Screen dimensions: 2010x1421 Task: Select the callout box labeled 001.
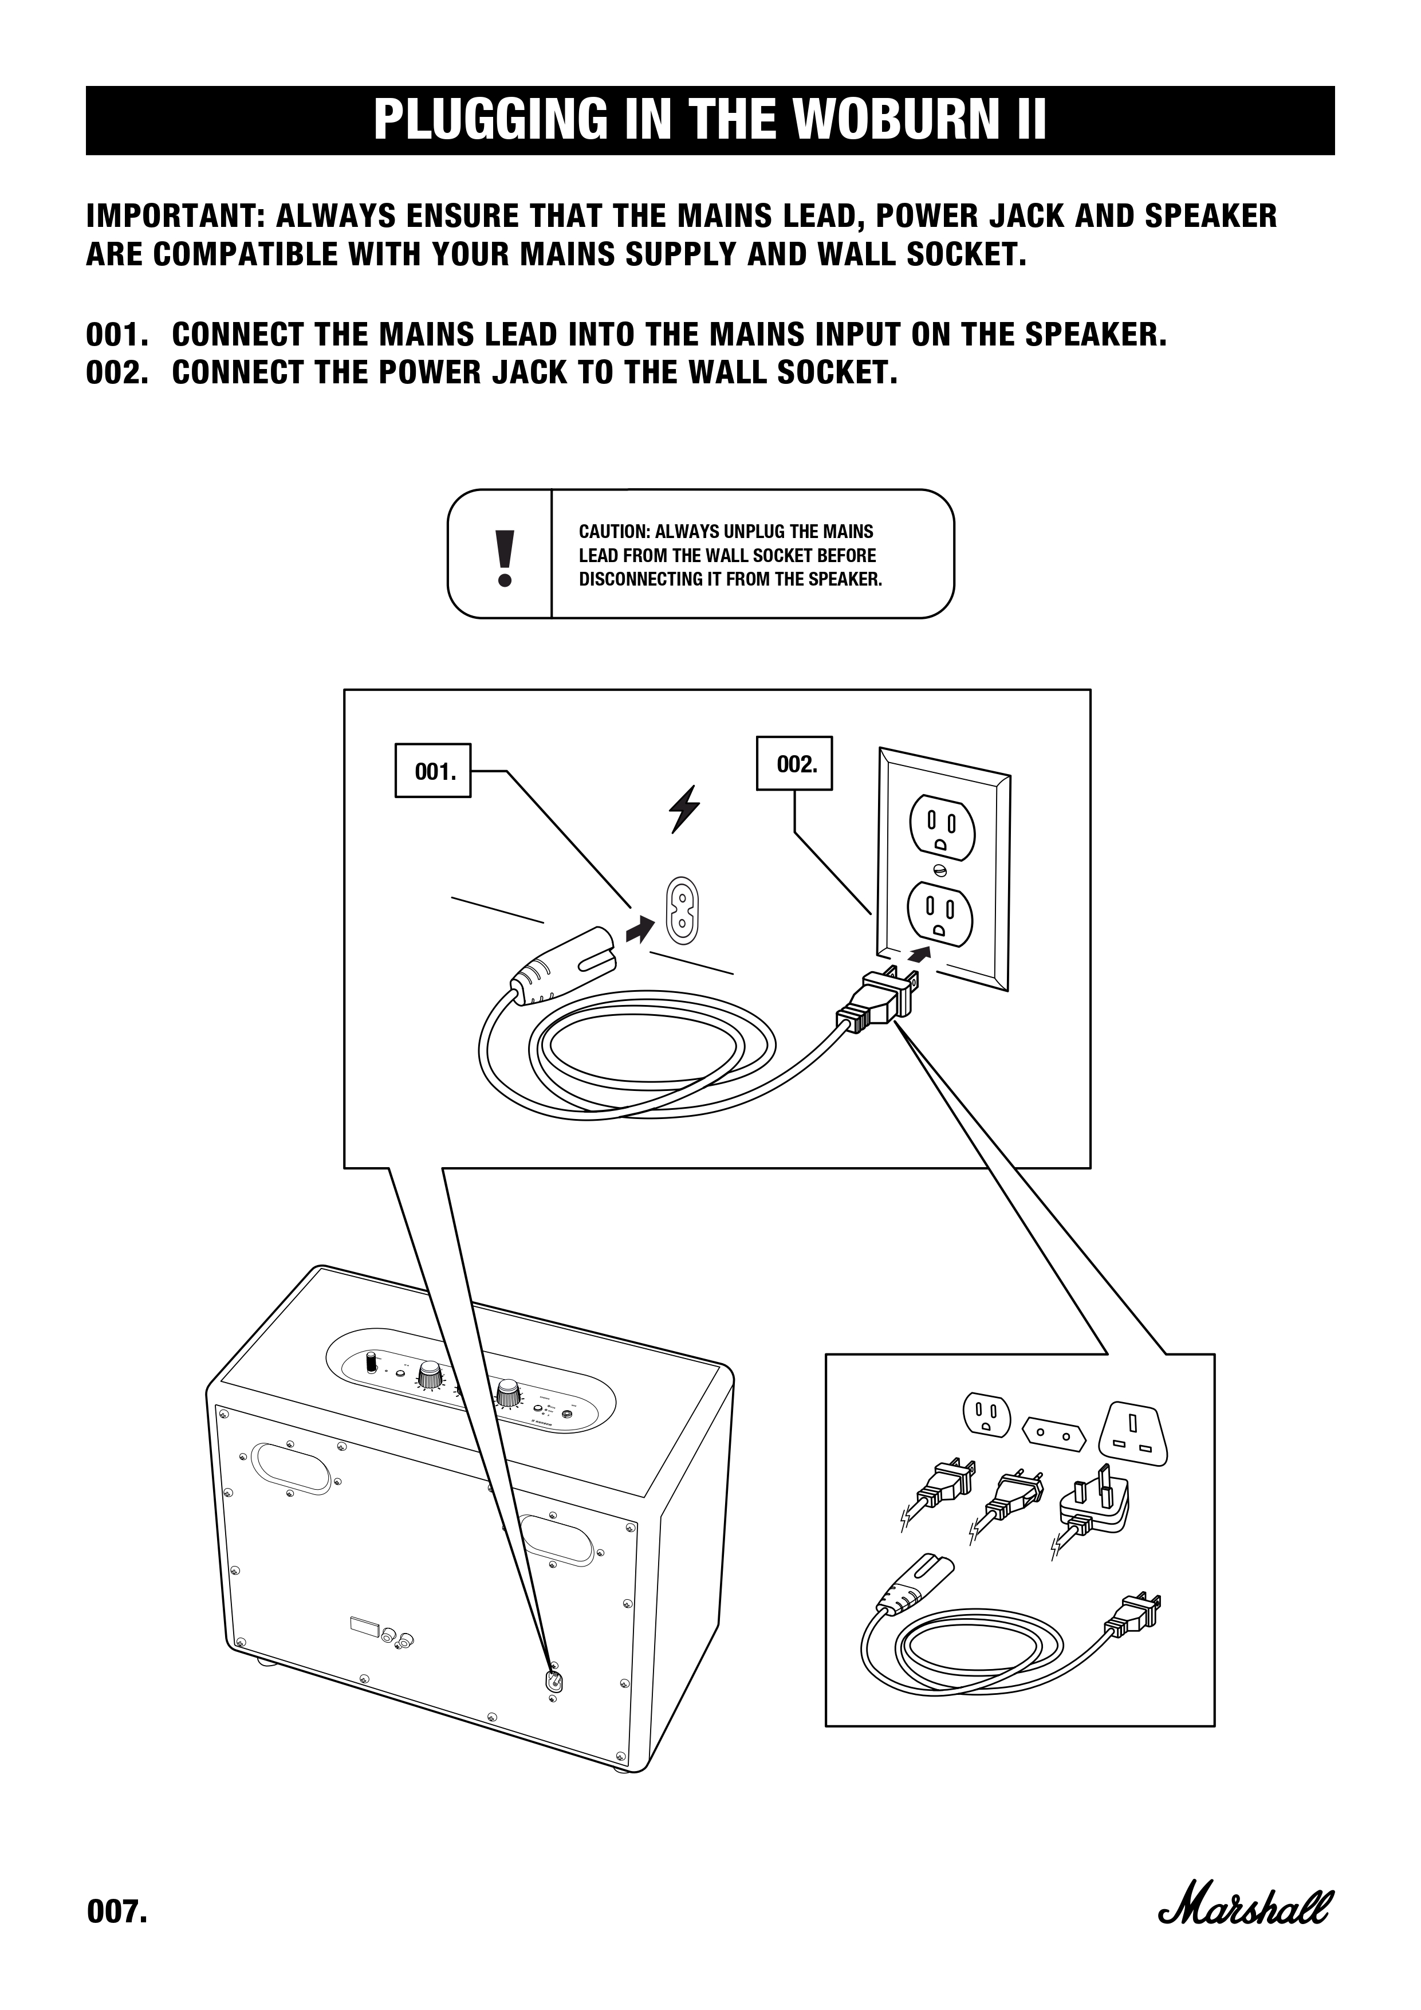[433, 771]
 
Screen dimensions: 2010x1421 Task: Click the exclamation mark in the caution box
[503, 557]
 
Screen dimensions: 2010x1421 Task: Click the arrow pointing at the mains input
[641, 928]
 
